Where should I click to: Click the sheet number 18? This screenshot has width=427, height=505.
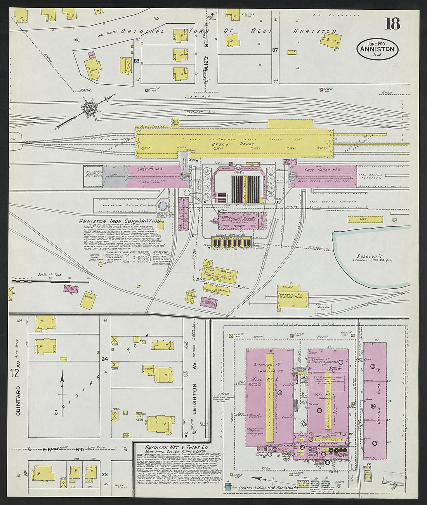tap(392, 24)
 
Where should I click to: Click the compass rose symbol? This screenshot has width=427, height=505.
tap(89, 108)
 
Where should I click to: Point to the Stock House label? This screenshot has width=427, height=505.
tap(233, 144)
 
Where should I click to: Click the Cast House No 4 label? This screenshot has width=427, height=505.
tap(322, 170)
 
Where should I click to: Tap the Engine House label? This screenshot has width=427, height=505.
tap(242, 219)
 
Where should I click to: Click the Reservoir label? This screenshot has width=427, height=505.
tap(371, 257)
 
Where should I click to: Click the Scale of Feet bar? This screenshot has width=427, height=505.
tap(41, 279)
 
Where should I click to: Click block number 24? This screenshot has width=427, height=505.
tap(104, 359)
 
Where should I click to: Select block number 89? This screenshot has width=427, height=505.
tap(136, 61)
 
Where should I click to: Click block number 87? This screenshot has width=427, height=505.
tap(275, 50)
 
